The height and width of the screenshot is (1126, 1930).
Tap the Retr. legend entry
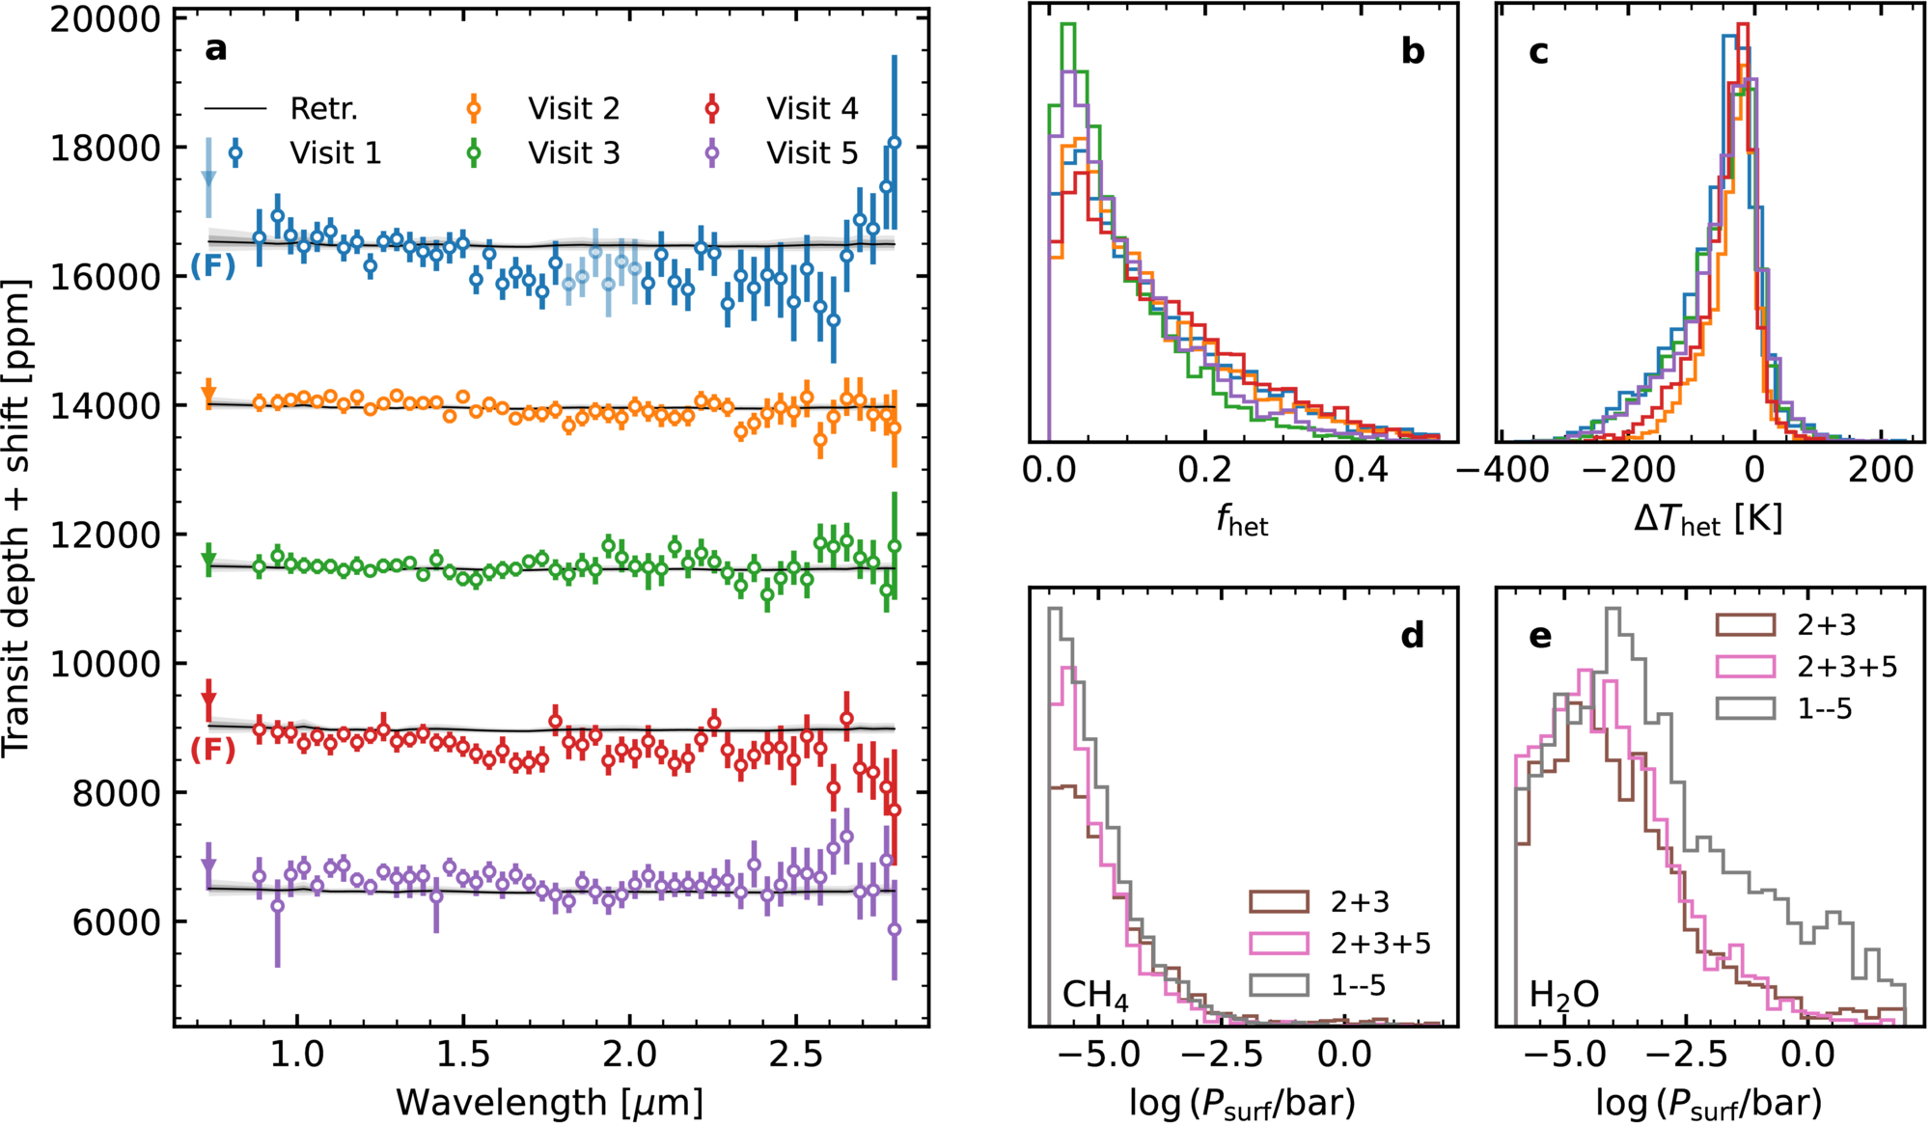[x=281, y=108]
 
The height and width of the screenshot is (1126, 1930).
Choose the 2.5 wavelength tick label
[x=796, y=1054]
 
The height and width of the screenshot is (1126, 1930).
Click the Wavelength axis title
[x=549, y=1102]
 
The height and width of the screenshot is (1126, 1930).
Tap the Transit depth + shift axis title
[x=17, y=519]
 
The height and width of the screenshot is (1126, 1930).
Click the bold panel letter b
[x=1413, y=51]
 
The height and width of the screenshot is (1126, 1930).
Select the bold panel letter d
[x=1413, y=635]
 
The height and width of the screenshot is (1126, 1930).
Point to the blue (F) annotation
[x=213, y=265]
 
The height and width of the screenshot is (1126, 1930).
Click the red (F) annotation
[x=213, y=749]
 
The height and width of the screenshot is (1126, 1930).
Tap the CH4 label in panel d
[x=1095, y=995]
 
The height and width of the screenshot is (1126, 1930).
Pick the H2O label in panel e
[x=1564, y=995]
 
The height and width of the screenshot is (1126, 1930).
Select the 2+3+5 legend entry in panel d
[x=1340, y=943]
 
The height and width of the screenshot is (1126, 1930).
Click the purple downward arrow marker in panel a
[x=208, y=865]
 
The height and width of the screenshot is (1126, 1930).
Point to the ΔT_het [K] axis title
[x=1709, y=519]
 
